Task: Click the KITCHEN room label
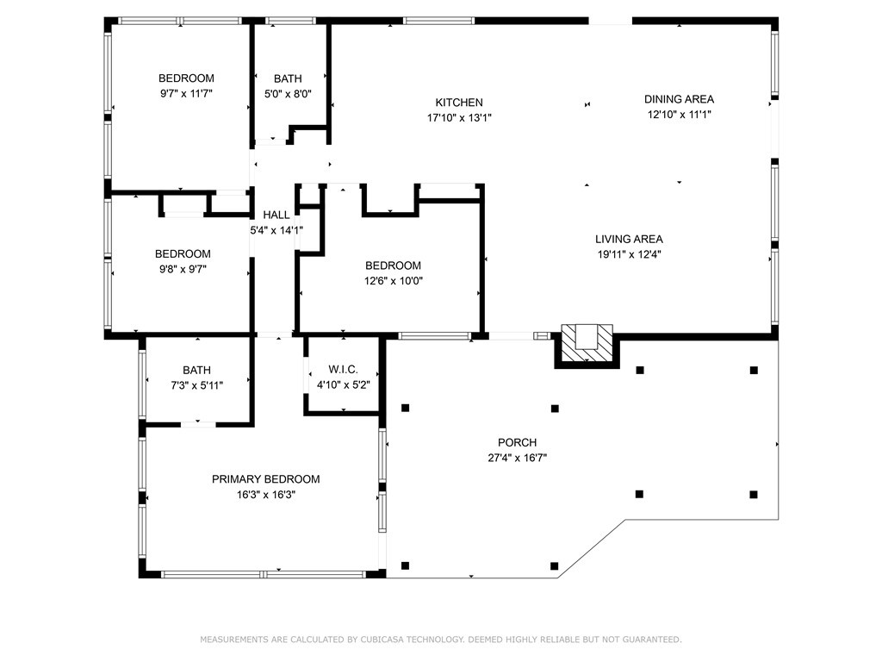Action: tap(459, 103)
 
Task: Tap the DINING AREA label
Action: tap(679, 99)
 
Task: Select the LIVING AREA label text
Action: tap(629, 239)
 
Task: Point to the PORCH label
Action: tap(517, 442)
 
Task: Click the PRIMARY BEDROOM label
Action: tap(265, 479)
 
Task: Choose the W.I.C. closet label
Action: tap(343, 369)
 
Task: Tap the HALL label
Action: tap(276, 215)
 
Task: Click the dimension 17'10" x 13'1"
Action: tap(459, 117)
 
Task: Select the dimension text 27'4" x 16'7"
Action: tap(517, 458)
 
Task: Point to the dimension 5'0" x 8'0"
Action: tap(288, 93)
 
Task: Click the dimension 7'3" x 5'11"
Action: tap(197, 385)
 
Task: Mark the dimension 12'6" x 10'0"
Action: tap(393, 280)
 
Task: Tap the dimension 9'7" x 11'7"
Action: tap(186, 93)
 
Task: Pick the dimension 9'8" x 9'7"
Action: tap(183, 269)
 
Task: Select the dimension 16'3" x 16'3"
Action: tap(265, 495)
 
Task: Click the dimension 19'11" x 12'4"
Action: tap(629, 254)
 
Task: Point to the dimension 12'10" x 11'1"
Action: tap(679, 115)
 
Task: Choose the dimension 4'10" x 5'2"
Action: tap(343, 385)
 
